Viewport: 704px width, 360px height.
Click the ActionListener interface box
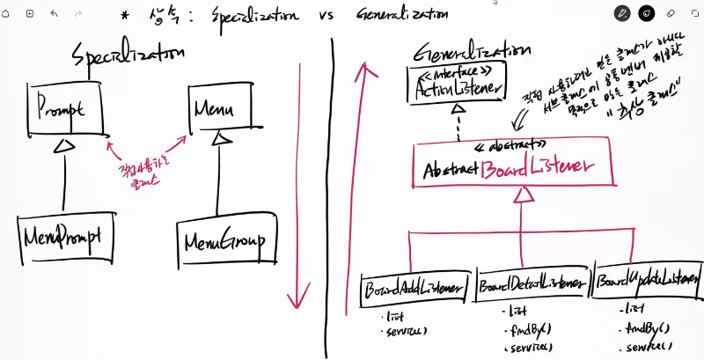pos(458,85)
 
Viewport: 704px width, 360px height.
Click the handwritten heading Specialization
pos(128,54)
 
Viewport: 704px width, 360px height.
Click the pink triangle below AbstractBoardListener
pos(522,198)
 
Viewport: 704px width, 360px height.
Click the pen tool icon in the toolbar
pos(623,13)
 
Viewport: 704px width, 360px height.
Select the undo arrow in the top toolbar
pos(55,13)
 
